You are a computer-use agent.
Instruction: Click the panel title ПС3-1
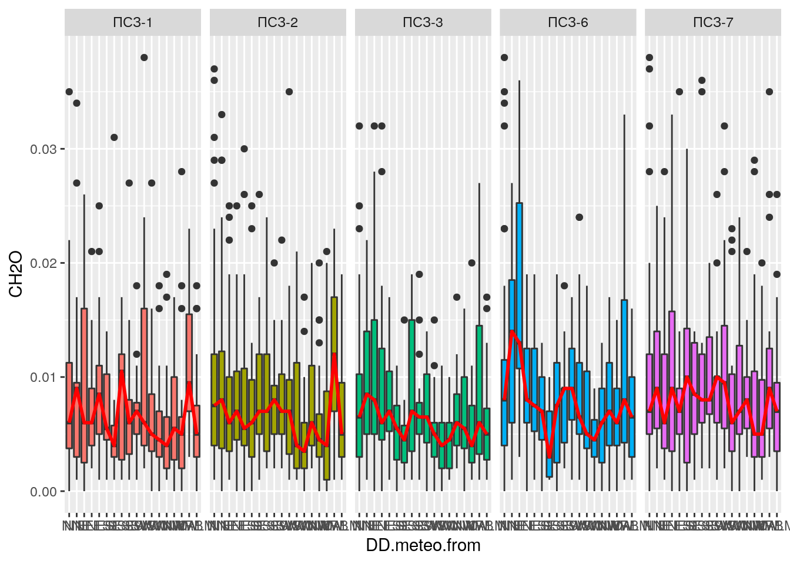[x=132, y=22]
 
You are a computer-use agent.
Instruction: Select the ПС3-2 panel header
[x=277, y=22]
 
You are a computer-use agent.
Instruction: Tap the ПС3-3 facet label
[x=423, y=22]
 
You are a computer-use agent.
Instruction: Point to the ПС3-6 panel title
[x=568, y=22]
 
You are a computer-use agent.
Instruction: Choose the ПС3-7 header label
[x=713, y=22]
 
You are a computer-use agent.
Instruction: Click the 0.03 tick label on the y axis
[x=43, y=149]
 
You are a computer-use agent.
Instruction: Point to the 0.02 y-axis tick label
[x=43, y=263]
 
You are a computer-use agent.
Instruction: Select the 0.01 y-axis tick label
[x=43, y=377]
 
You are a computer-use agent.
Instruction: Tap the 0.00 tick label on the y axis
[x=43, y=492]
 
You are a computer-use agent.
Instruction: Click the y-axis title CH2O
[x=16, y=273]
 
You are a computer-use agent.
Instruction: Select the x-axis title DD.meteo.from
[x=423, y=545]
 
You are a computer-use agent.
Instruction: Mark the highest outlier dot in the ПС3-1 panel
[x=144, y=58]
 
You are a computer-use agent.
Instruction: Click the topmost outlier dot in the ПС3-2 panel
[x=215, y=69]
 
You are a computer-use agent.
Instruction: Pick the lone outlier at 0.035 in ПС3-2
[x=289, y=92]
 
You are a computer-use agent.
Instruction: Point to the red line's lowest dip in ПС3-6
[x=549, y=456]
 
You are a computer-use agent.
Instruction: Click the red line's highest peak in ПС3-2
[x=334, y=354]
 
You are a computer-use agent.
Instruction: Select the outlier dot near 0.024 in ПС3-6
[x=579, y=217]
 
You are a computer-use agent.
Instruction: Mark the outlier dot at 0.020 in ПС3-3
[x=471, y=263]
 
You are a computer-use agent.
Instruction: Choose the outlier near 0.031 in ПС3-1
[x=114, y=137]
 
